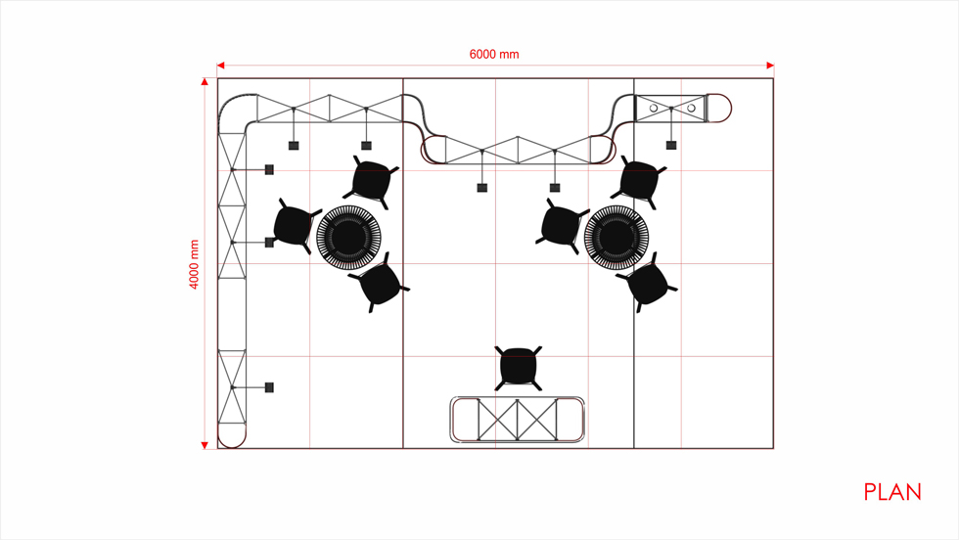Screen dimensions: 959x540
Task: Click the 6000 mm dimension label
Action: click(x=494, y=55)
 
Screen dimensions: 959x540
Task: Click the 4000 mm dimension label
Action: click(x=194, y=264)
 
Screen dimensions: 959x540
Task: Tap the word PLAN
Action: click(x=892, y=492)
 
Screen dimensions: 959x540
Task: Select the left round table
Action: click(x=348, y=238)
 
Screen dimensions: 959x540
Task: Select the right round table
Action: click(x=616, y=238)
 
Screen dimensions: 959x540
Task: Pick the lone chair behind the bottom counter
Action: click(x=518, y=368)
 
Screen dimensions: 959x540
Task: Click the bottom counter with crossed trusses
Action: click(x=518, y=420)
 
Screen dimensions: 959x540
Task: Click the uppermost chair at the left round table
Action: click(x=371, y=182)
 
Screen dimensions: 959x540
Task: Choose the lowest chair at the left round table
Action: click(x=380, y=283)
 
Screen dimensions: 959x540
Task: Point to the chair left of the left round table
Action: click(x=295, y=225)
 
